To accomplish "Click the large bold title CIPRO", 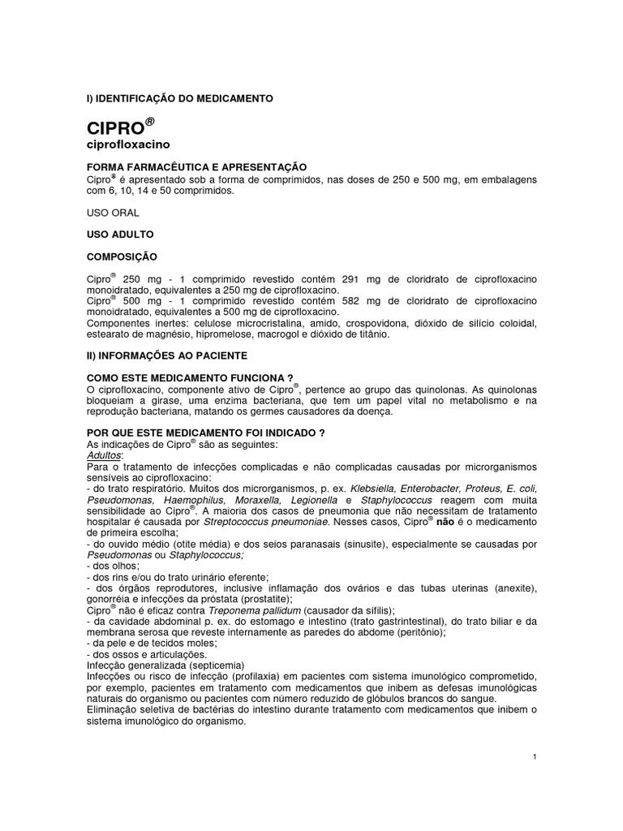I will (x=116, y=128).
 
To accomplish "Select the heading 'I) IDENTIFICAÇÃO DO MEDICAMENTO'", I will (x=180, y=98).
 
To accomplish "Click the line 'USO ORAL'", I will (x=113, y=213).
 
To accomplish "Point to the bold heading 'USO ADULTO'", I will (x=119, y=235).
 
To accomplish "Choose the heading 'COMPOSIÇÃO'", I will (x=121, y=256).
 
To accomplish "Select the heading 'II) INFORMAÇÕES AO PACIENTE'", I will (x=167, y=355).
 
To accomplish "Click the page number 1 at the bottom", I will (x=535, y=756).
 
